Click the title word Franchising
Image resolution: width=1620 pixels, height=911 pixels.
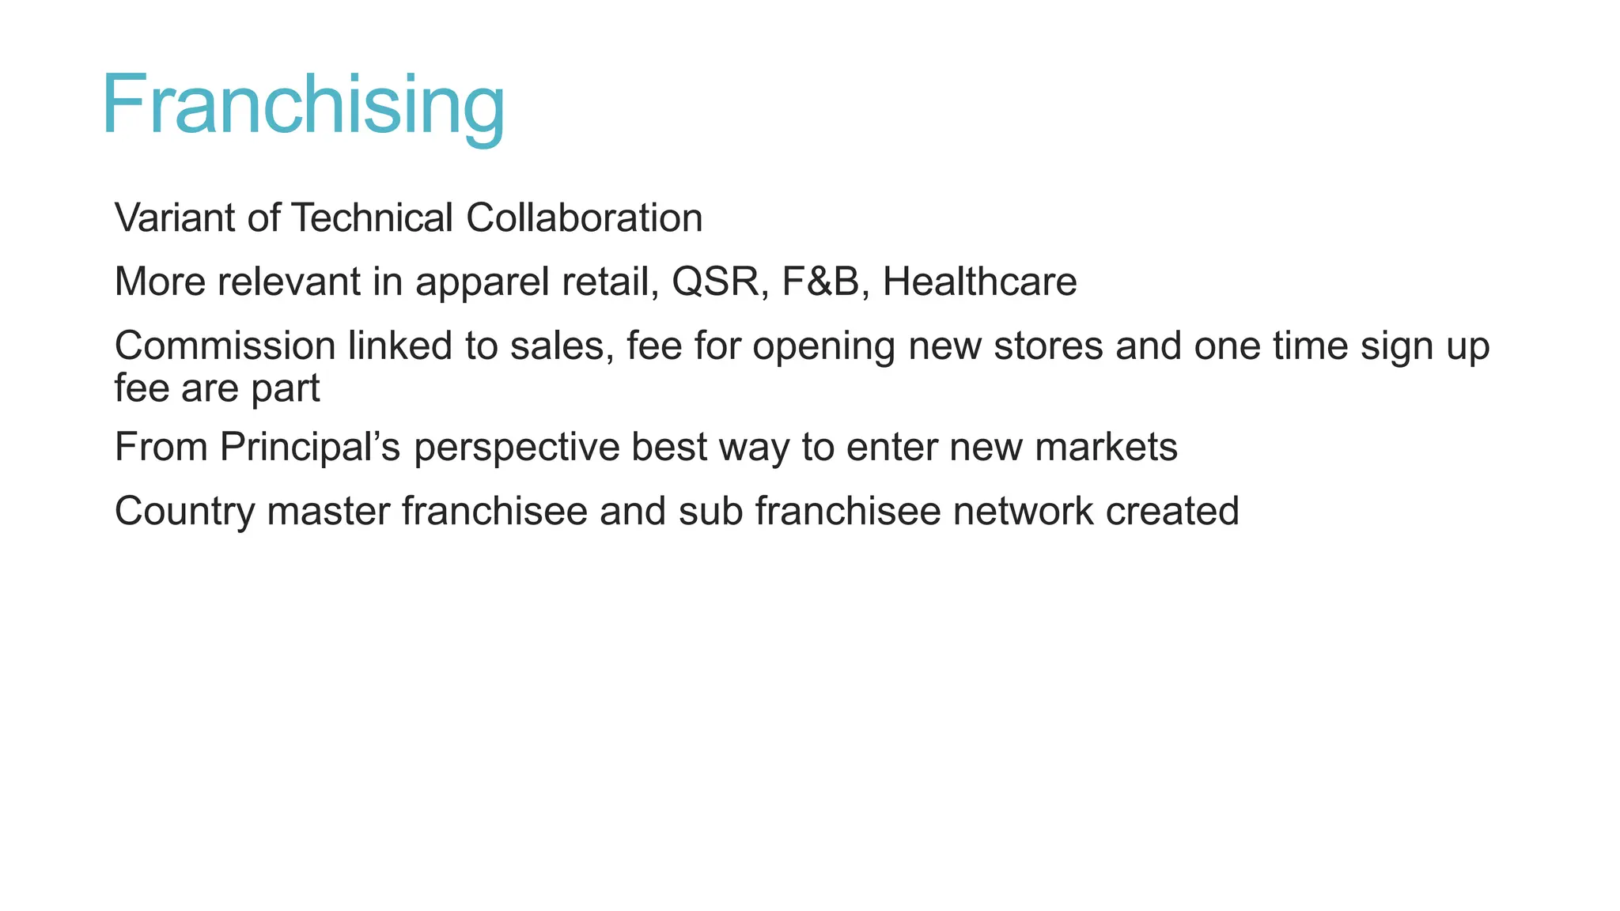pos(303,105)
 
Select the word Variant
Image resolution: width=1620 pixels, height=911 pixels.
pos(174,217)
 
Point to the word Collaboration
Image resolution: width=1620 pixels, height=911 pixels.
pos(584,217)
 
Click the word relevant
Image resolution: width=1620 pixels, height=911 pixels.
pos(289,282)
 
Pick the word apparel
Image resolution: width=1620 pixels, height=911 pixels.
pos(482,283)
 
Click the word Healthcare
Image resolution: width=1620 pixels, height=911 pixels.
pos(979,282)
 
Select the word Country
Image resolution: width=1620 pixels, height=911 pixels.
pos(185,512)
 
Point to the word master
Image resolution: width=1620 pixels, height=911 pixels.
pos(328,512)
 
